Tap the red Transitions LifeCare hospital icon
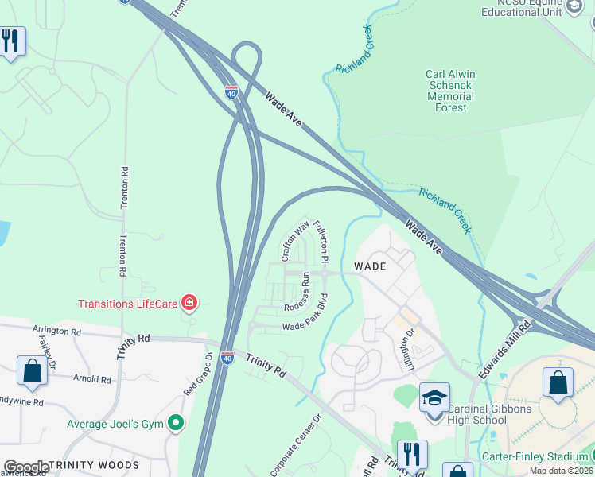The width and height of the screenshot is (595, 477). point(189,302)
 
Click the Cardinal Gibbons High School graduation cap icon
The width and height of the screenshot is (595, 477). point(434,397)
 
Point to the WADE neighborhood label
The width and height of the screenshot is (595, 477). point(370,266)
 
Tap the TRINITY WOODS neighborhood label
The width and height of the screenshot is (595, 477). point(94,465)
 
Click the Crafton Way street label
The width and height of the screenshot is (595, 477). point(294,241)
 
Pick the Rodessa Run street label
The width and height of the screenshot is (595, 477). point(304,291)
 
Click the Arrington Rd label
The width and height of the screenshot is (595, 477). point(56,330)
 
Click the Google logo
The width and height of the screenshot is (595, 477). point(26,467)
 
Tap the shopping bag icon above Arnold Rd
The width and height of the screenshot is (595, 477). point(32,371)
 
